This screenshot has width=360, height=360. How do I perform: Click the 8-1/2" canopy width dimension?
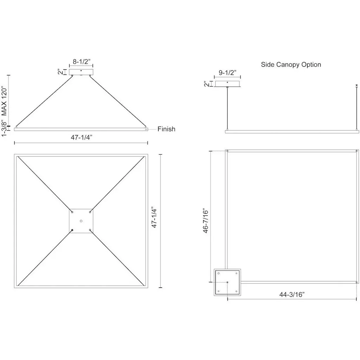(x=82, y=62)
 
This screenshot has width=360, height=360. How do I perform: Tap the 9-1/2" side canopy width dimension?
(x=227, y=72)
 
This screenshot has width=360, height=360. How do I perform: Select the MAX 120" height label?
(x=4, y=101)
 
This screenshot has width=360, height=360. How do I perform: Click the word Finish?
(x=166, y=129)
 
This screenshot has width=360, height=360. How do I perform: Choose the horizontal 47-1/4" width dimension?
(x=82, y=137)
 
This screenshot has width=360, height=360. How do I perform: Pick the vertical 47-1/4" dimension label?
(x=154, y=218)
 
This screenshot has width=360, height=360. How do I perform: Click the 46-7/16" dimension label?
(x=205, y=221)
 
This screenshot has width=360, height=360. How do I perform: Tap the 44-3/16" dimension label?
(x=292, y=294)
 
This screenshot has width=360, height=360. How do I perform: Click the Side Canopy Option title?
(x=291, y=65)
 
